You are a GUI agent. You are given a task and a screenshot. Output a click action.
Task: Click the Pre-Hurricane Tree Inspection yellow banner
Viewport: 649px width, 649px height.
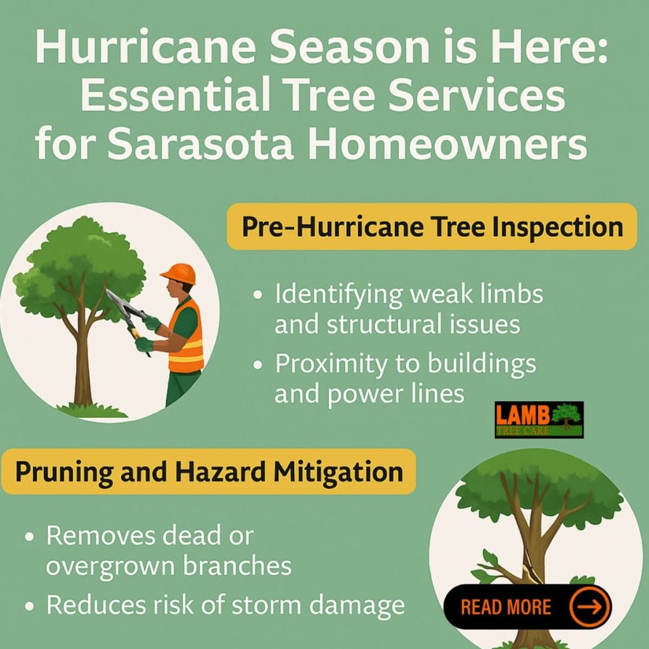[x=432, y=226]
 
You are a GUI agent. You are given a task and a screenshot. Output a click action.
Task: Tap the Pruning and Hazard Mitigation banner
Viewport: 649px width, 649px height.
[x=209, y=472]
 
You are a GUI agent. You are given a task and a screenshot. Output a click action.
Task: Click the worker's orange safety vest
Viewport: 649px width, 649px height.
[x=186, y=336]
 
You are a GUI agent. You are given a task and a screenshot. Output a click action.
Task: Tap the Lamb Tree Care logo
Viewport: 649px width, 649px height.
[x=539, y=420]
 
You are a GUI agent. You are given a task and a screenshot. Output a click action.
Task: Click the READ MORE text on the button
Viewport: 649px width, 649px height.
[x=506, y=607]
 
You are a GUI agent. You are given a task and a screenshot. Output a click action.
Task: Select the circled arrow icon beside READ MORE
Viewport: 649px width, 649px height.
[x=589, y=607]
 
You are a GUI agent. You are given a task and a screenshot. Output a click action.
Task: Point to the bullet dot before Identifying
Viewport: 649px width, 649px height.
[x=258, y=295]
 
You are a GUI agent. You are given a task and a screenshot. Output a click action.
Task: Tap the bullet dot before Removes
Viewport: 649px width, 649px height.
[x=29, y=537]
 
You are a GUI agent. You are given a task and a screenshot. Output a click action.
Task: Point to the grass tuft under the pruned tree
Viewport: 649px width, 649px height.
[x=92, y=410]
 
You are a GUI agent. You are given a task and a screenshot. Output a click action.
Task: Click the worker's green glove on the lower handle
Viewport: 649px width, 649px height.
[x=144, y=344]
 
